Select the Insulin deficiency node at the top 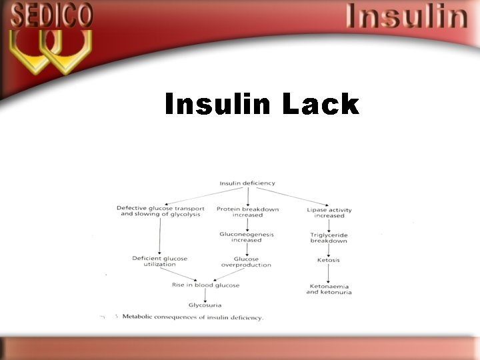[x=247, y=183]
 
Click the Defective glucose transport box [x=161, y=211]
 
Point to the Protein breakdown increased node [x=247, y=212]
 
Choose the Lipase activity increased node [x=329, y=213]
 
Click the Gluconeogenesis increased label [x=247, y=237]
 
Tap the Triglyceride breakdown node [x=329, y=238]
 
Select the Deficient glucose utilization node [x=160, y=261]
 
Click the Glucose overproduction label [x=246, y=262]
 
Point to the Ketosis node [x=329, y=260]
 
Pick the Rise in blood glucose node [x=205, y=285]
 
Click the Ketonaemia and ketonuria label [x=329, y=289]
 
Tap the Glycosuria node [x=205, y=305]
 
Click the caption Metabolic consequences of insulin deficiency [x=193, y=317]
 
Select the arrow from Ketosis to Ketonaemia [x=329, y=273]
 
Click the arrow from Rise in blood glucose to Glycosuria [x=205, y=295]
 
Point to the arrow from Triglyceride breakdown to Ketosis [x=329, y=250]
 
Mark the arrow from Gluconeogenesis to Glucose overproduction [x=247, y=249]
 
